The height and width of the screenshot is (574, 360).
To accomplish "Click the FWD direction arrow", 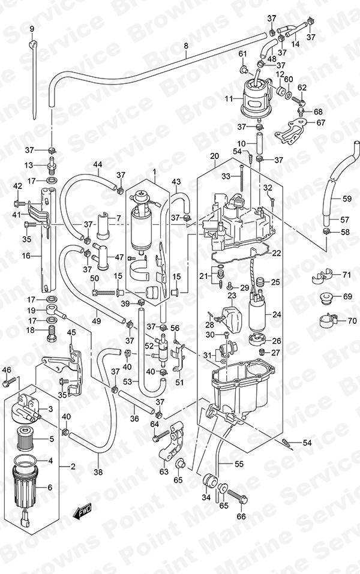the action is coord(82,511).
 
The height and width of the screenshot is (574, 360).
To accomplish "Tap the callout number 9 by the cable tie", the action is coord(31,29).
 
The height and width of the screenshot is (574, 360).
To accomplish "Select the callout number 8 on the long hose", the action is coord(185,46).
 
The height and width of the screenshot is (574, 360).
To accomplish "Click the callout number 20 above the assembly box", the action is coord(215,157).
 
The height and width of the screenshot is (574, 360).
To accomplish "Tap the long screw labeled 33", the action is coord(242,178).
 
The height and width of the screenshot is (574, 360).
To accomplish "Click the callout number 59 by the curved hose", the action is coord(347,199).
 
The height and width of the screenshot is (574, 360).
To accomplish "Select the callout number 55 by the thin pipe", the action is coord(239,464).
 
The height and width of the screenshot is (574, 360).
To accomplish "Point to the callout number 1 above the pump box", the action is coord(155,172).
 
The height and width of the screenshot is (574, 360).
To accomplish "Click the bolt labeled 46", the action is coord(10,382).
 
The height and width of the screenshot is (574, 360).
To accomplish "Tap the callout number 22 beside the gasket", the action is coord(276,253).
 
